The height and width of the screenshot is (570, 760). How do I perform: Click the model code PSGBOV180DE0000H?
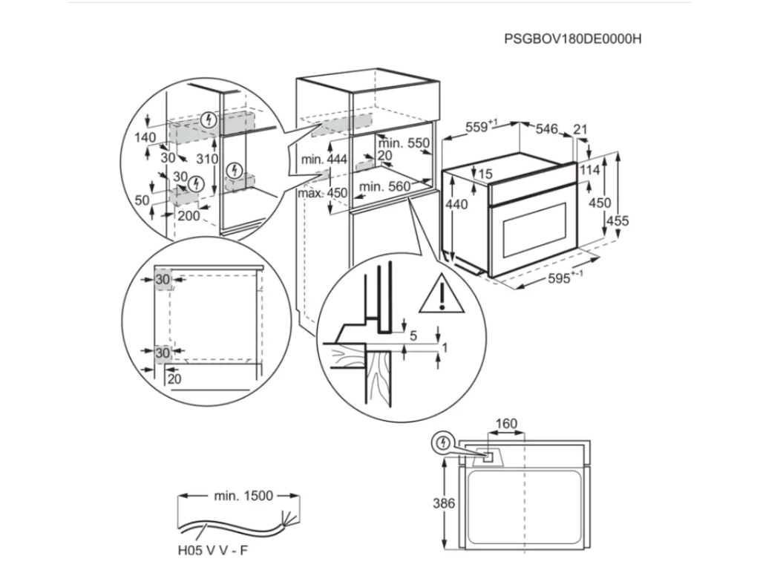tap(572, 39)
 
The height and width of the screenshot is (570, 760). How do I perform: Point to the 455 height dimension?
tap(617, 220)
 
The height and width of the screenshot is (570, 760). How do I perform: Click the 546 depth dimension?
tap(546, 129)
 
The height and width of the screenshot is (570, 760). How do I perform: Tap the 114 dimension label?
tap(590, 170)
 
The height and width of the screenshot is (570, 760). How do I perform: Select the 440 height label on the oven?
tap(457, 204)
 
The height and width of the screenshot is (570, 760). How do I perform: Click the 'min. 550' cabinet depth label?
tap(404, 143)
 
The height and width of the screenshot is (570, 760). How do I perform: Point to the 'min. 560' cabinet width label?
tap(384, 187)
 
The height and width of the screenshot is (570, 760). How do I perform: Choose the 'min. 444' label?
tap(324, 160)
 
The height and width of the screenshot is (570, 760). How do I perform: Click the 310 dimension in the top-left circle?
tap(208, 159)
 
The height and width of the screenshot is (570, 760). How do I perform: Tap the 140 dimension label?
tap(145, 137)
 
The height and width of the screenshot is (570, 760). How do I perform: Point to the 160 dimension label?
tap(505, 425)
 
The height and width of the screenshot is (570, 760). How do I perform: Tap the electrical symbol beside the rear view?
tap(442, 443)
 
